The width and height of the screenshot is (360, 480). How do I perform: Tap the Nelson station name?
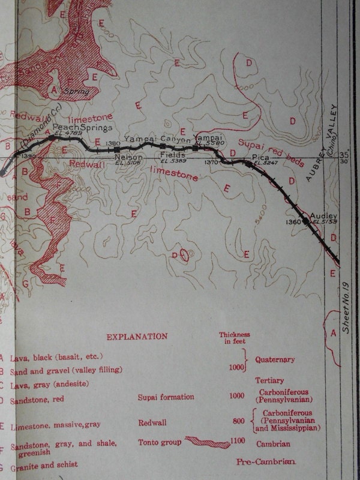click(128, 157)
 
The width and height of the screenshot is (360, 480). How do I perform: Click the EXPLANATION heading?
click(137, 337)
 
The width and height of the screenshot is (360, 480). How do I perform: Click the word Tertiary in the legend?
click(269, 381)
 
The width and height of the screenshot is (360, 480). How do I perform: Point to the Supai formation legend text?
click(166, 397)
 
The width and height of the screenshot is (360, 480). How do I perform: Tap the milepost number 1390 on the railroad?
click(28, 155)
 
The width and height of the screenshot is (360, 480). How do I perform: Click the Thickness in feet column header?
click(234, 338)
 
